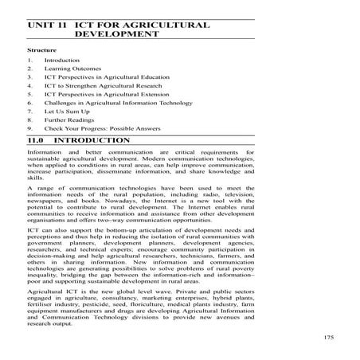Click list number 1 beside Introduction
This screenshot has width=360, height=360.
point(28,61)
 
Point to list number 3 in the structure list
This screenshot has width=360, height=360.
point(28,79)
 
